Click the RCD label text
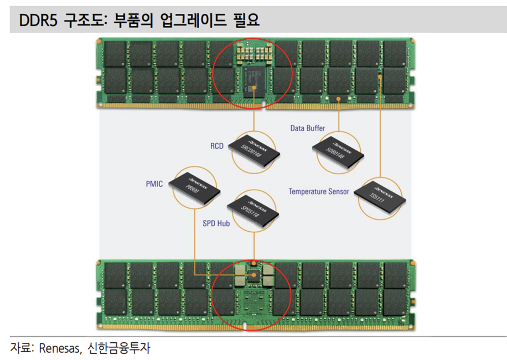[x=216, y=147]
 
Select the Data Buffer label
[x=308, y=128]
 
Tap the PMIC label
[x=154, y=184]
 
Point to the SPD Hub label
[x=216, y=224]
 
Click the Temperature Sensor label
[x=319, y=191]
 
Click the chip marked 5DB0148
[x=337, y=150]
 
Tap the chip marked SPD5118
[x=255, y=208]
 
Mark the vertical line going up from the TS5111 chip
[x=381, y=127]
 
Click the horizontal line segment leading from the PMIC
[x=221, y=274]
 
